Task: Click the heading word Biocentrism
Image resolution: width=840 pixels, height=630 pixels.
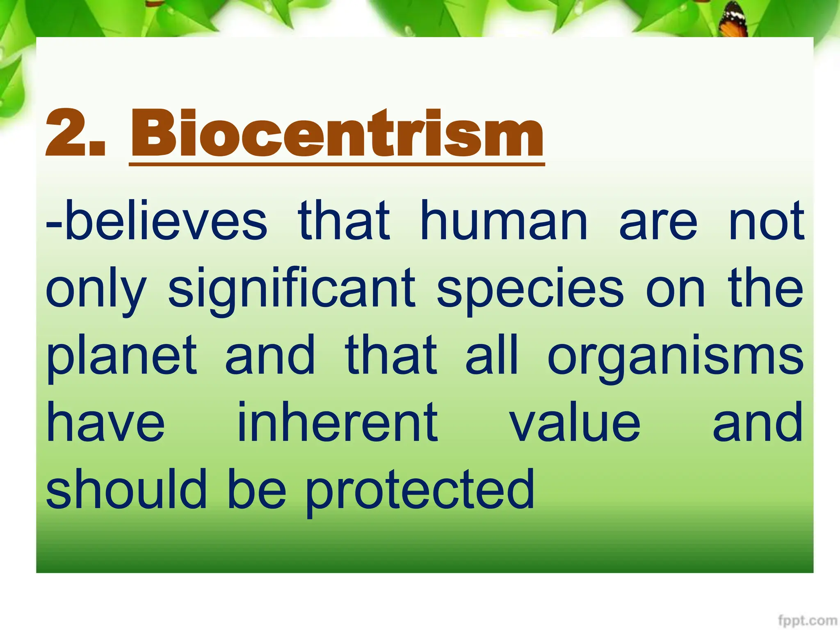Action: [337, 133]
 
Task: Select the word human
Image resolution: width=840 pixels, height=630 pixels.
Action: [504, 222]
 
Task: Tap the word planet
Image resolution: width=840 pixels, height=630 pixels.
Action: [122, 356]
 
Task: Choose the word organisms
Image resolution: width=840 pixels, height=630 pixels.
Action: [676, 356]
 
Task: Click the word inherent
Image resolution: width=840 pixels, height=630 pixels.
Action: [338, 422]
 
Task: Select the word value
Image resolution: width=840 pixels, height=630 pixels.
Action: [575, 422]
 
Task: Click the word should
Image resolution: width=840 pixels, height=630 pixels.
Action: [126, 489]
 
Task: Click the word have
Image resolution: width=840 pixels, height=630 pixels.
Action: [105, 422]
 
